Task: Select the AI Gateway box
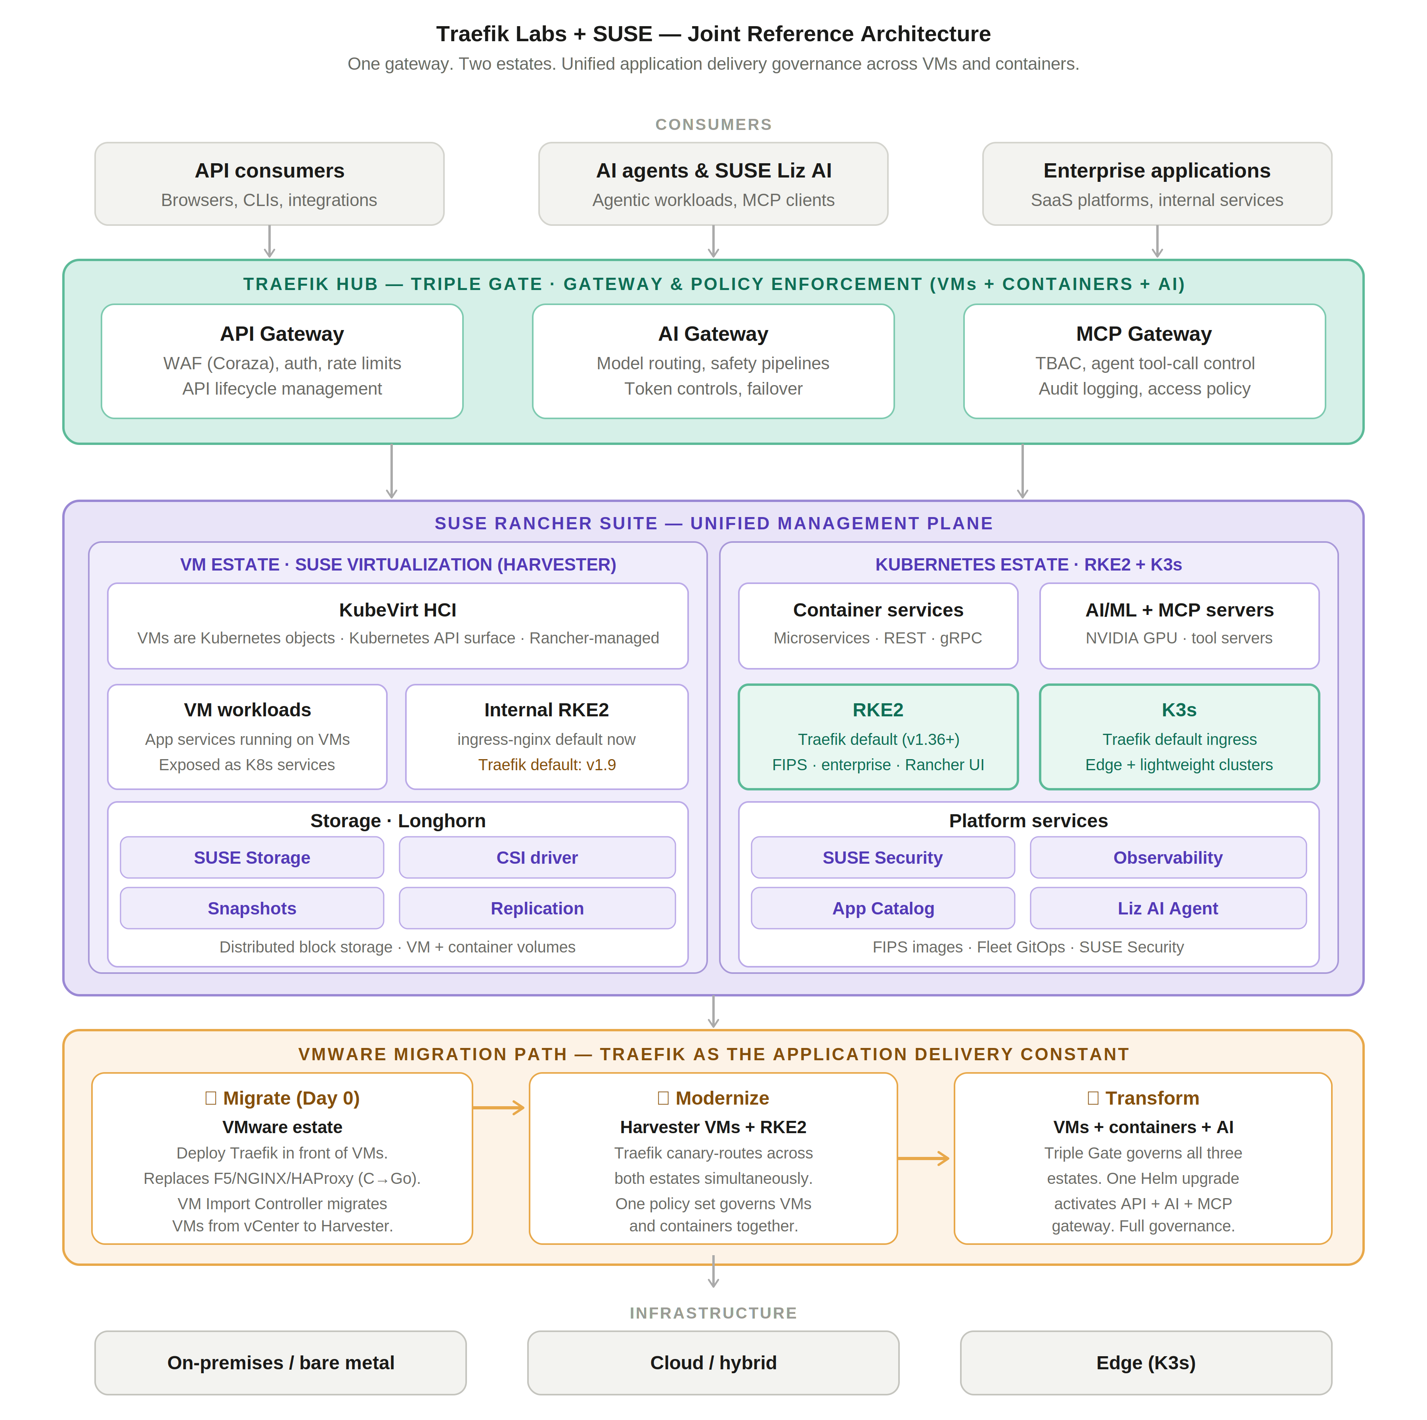click(713, 361)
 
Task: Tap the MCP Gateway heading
click(1143, 334)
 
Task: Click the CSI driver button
click(537, 857)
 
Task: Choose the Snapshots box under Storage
click(252, 908)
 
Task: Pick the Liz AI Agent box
click(1168, 908)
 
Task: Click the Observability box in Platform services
click(1168, 857)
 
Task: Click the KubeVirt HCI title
click(397, 610)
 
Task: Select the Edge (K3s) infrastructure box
click(1146, 1363)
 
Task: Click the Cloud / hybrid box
click(713, 1363)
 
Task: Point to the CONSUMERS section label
click(713, 124)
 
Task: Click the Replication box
click(537, 908)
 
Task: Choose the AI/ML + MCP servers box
click(1179, 626)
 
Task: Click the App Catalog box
click(883, 908)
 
